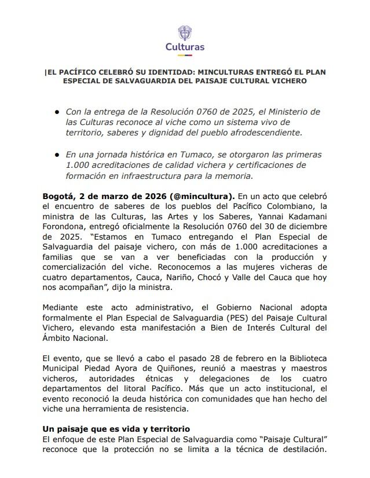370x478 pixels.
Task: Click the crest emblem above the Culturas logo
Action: pos(185,33)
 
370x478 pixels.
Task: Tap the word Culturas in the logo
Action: pos(185,47)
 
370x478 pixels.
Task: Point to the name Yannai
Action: pos(268,216)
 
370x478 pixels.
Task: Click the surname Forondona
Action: pos(65,226)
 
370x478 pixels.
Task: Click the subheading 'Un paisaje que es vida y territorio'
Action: pos(116,429)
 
